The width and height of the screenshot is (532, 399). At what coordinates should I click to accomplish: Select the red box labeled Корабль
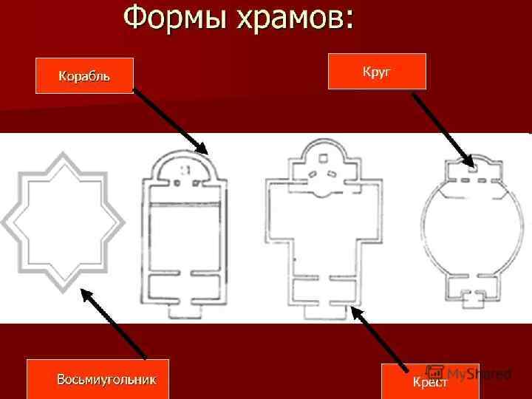coord(84,75)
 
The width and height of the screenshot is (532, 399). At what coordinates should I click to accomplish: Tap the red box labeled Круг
coord(377,71)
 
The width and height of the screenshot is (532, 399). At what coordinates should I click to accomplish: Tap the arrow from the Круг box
coord(442,126)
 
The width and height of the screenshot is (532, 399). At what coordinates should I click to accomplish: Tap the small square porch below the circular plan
coord(471,299)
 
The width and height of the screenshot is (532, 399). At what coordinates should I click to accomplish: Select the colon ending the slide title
coord(347,20)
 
